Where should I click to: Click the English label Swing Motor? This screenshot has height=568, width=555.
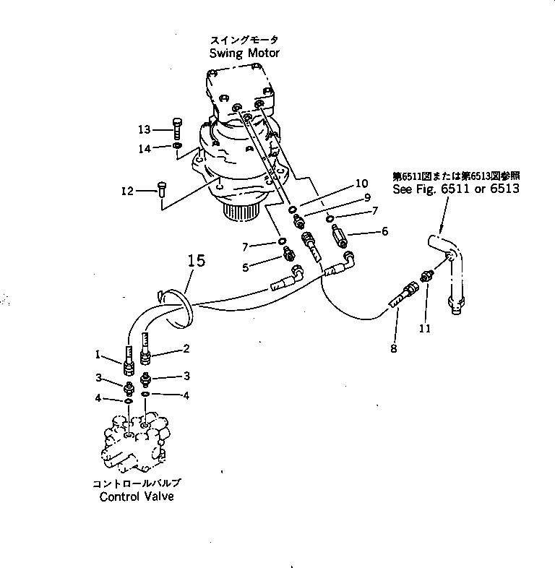[244, 53]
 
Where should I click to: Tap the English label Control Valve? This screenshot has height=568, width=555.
[137, 496]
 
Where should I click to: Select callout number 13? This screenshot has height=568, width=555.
[145, 129]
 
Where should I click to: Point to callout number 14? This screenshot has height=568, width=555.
[145, 148]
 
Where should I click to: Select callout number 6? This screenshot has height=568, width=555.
[384, 231]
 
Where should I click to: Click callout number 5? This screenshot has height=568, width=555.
[245, 267]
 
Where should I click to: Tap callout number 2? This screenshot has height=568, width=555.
[186, 348]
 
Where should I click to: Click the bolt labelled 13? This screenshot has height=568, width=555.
[178, 130]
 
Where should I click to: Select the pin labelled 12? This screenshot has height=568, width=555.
[161, 192]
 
